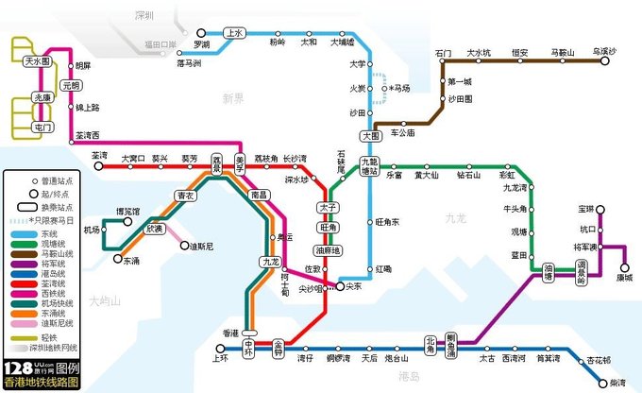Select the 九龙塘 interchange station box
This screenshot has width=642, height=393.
click(370, 167)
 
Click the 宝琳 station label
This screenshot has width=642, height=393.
click(586, 208)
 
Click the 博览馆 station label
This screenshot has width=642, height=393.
click(127, 211)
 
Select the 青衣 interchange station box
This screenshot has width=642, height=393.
click(184, 196)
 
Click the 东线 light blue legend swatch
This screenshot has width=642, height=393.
click(20, 233)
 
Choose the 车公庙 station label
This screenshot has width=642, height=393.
click(403, 134)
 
